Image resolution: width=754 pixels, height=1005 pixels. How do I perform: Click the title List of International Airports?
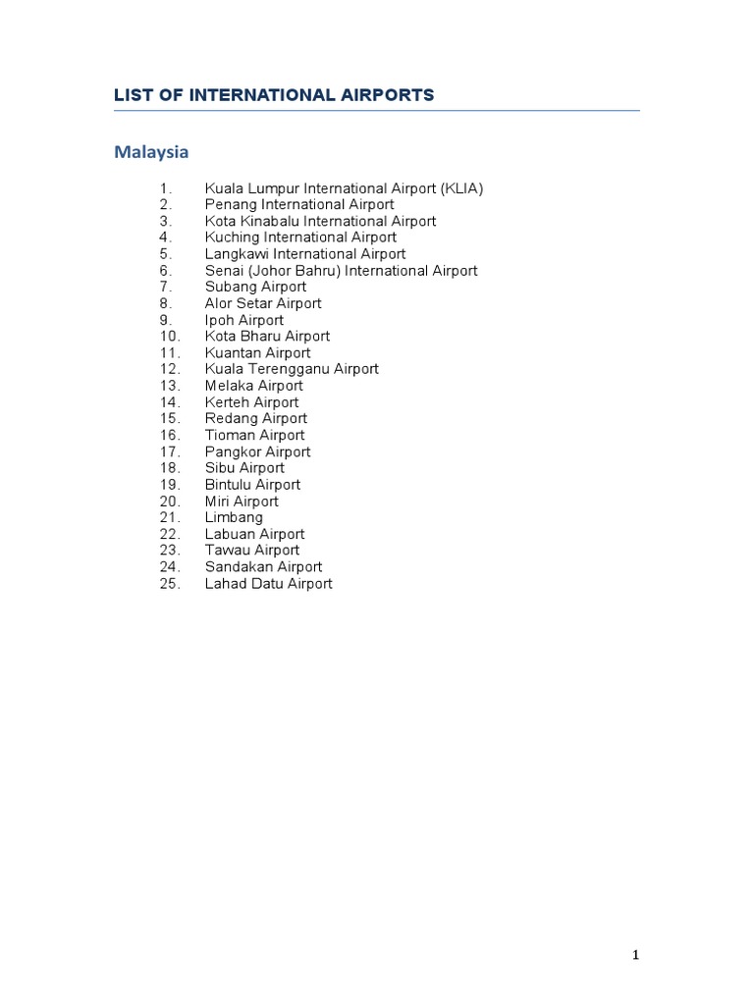(x=274, y=95)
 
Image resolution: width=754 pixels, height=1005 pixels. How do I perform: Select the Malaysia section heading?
(x=151, y=152)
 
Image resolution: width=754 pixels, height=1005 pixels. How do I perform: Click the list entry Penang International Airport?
(x=299, y=204)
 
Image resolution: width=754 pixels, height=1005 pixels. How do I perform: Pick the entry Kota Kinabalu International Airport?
(x=320, y=221)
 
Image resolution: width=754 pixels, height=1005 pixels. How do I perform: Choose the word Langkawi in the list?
(x=237, y=254)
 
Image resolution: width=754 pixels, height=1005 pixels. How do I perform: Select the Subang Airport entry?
(x=255, y=287)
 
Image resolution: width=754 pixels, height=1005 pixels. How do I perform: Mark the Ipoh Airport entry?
(x=244, y=320)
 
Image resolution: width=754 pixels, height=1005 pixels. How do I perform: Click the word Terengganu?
(x=290, y=369)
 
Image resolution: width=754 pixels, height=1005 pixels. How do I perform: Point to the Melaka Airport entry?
(x=254, y=386)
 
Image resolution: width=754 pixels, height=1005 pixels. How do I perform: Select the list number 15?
(x=170, y=419)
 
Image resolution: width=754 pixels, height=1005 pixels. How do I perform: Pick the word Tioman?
(x=227, y=435)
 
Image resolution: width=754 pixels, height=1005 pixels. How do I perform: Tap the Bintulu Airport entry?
(x=252, y=485)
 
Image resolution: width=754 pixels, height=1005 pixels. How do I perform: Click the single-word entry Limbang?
(x=234, y=517)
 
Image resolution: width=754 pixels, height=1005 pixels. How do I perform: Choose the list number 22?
(x=170, y=534)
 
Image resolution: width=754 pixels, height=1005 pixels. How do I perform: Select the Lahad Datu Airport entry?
(x=268, y=584)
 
